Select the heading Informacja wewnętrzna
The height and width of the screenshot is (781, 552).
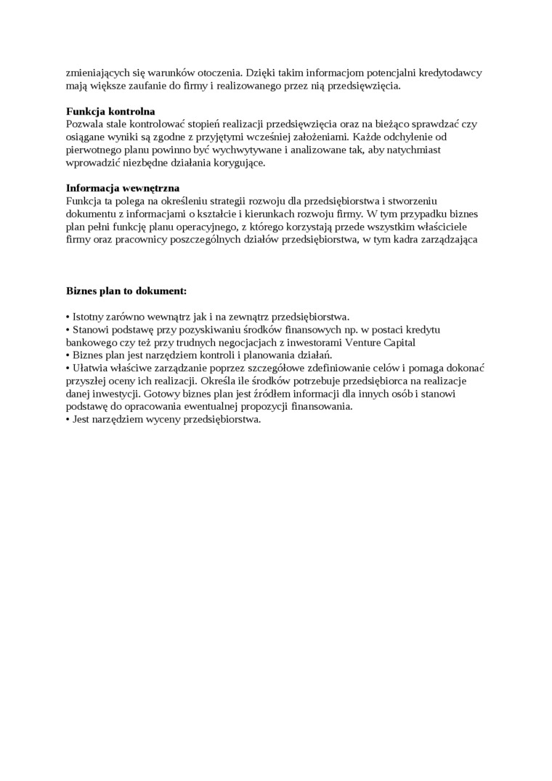[x=123, y=187]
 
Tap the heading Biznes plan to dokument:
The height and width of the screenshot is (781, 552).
[x=126, y=291]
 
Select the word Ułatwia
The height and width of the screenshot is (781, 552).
[x=91, y=368]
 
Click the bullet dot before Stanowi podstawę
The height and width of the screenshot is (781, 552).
[x=68, y=330]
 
